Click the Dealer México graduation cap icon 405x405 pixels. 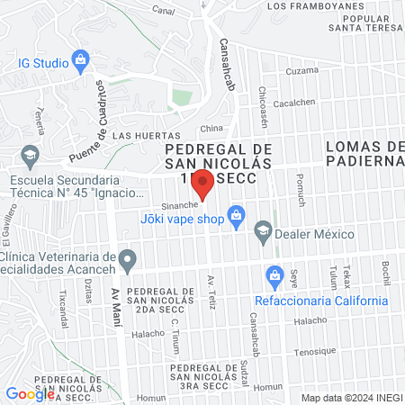[x=263, y=230]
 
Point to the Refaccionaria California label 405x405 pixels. [x=321, y=301]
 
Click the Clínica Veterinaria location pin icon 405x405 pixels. [x=128, y=262]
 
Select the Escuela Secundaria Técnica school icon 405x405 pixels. [x=29, y=155]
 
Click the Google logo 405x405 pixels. [x=30, y=393]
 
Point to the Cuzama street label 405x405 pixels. [x=301, y=70]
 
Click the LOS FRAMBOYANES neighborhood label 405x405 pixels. [x=315, y=6]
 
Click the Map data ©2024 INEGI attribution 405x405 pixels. [x=350, y=397]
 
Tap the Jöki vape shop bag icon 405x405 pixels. [x=237, y=214]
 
